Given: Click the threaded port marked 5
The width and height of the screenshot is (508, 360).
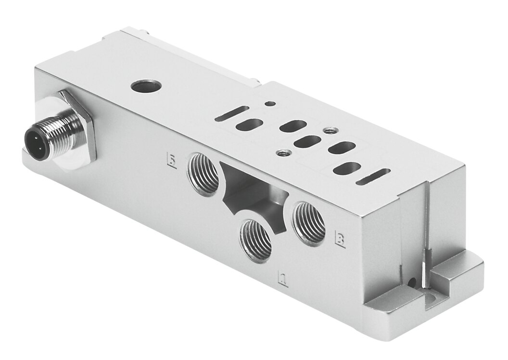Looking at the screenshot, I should click(x=204, y=174).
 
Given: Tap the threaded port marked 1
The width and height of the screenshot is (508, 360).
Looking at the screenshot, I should click(x=256, y=240).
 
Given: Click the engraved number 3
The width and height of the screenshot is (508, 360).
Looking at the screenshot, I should click(x=340, y=239).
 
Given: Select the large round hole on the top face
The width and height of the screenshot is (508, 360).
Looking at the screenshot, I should click(x=143, y=87).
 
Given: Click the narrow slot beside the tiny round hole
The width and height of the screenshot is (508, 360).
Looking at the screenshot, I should click(x=232, y=113).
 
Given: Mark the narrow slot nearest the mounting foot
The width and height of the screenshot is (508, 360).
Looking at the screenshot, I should click(x=373, y=177).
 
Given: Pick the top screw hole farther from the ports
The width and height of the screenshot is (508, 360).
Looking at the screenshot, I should click(x=329, y=130).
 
